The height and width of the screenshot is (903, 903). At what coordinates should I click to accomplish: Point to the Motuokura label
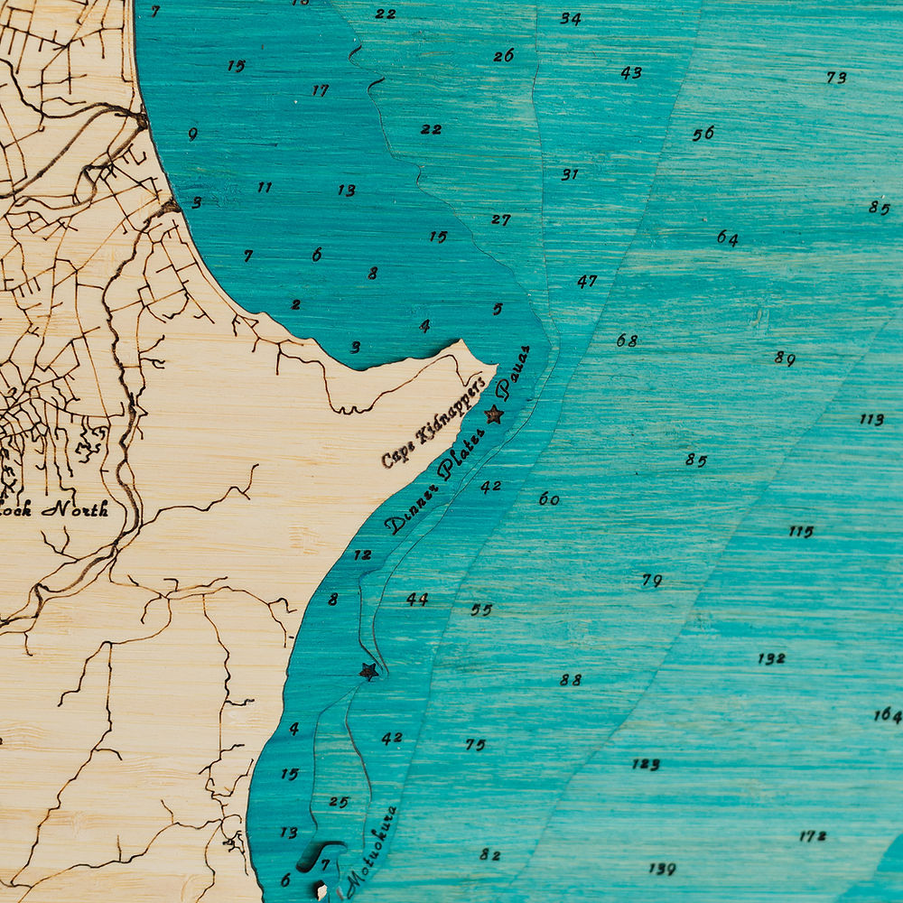(372, 849)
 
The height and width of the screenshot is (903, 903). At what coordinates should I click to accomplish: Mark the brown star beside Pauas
(494, 414)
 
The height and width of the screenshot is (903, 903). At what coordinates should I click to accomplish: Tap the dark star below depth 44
(368, 671)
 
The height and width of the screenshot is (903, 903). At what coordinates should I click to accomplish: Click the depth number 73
(836, 78)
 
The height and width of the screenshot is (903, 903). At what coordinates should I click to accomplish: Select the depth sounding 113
(871, 420)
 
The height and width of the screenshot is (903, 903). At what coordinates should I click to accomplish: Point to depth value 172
(813, 837)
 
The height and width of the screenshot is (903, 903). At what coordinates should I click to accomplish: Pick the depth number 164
(888, 716)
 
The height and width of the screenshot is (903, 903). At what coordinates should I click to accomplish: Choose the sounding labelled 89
(784, 358)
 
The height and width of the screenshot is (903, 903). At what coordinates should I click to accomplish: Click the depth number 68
(627, 341)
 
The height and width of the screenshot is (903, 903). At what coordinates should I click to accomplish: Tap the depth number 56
(703, 134)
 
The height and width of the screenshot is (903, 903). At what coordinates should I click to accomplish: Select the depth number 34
(570, 18)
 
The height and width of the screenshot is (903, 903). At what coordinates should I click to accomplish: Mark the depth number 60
(549, 498)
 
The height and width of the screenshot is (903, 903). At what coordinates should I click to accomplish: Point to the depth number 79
(652, 581)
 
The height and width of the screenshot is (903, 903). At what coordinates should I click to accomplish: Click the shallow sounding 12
(362, 554)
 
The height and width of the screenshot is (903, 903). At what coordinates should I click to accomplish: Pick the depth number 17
(321, 90)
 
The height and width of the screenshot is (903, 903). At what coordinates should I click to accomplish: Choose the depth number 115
(801, 531)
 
